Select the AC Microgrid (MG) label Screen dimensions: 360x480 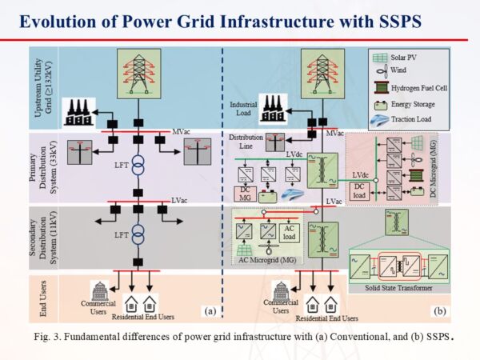click(264, 260)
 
